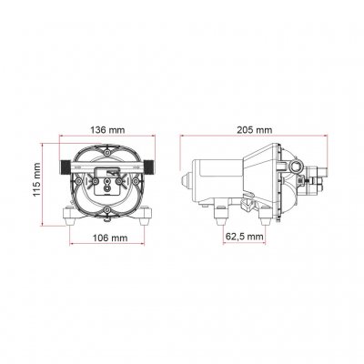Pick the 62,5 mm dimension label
coord(243,236)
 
